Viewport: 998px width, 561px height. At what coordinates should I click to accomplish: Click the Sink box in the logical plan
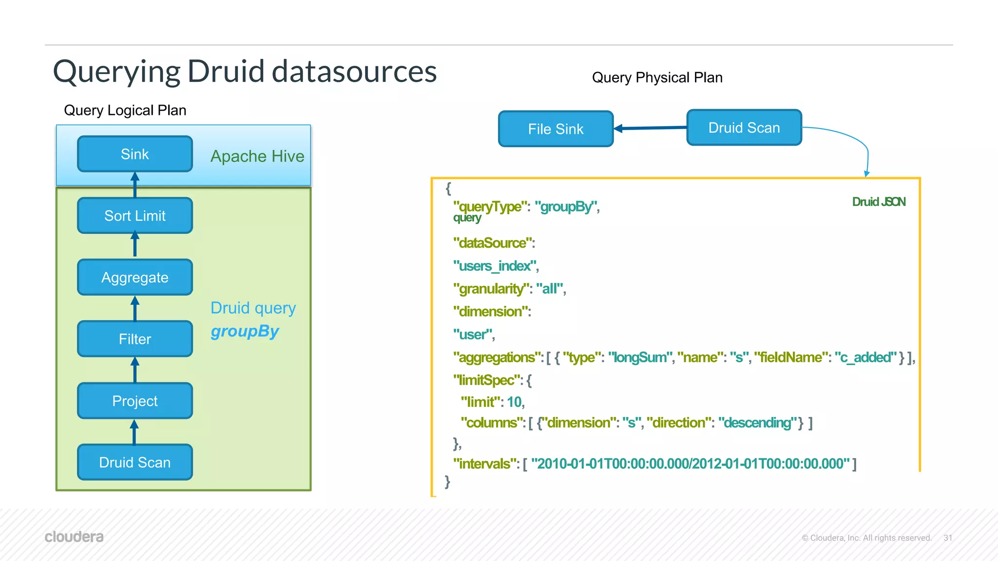point(135,154)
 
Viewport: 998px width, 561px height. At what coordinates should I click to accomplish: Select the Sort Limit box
point(135,216)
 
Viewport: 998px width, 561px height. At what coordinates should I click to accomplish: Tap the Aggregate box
point(135,278)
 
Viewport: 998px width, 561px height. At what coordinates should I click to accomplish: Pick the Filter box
point(135,339)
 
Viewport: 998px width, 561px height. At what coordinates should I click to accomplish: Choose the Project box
point(135,401)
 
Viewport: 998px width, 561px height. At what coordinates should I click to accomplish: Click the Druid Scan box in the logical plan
point(135,462)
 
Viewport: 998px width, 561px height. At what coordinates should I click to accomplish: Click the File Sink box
point(556,129)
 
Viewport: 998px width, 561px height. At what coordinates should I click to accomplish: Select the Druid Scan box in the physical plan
point(744,128)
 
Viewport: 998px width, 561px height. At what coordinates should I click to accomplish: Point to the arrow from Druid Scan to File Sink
point(651,128)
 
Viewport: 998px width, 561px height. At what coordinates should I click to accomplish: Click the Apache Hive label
point(257,156)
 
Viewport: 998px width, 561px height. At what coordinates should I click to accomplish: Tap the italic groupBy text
point(245,331)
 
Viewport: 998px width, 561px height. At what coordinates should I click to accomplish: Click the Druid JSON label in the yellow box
point(879,202)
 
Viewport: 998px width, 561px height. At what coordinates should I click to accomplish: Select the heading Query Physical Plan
point(657,77)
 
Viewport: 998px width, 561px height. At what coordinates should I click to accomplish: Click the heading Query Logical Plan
point(125,110)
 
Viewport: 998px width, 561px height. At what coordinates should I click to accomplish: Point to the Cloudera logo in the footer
point(74,537)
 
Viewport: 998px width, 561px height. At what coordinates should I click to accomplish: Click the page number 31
point(948,538)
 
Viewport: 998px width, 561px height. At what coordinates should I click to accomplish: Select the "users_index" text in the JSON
point(495,266)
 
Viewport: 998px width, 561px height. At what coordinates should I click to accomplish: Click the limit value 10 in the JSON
point(515,402)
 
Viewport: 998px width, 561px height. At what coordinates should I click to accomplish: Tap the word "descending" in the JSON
point(757,422)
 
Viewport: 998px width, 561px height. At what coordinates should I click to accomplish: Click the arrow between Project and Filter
point(135,370)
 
